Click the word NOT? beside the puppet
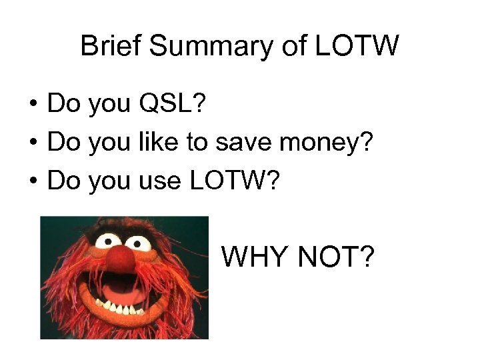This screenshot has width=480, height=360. [339, 256]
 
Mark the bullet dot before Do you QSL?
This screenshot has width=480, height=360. [32, 105]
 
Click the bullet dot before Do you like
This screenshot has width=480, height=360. [32, 143]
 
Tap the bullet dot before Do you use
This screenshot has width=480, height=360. [32, 180]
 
